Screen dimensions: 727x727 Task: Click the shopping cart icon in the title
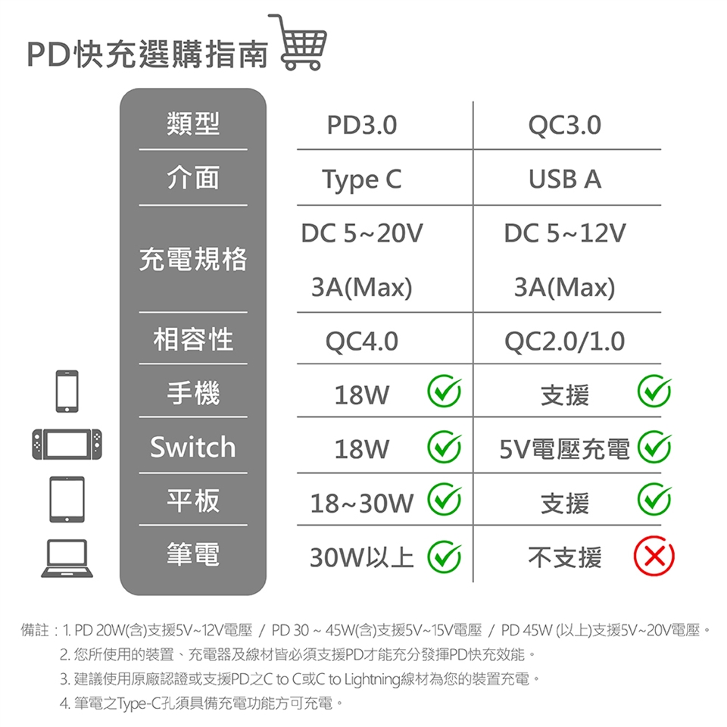[x=298, y=42]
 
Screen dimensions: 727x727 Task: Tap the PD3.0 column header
[x=362, y=125]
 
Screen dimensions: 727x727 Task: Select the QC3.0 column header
[x=565, y=125]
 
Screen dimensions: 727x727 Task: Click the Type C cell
[x=362, y=180]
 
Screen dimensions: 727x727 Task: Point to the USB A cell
[x=565, y=179]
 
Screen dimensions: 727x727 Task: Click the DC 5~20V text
[x=362, y=233]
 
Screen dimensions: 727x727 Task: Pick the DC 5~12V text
[x=565, y=233]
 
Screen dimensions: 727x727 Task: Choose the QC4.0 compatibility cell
[x=362, y=342]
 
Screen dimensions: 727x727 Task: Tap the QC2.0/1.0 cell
[x=565, y=342]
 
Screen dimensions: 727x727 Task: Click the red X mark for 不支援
[x=654, y=556]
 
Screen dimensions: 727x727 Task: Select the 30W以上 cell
[x=362, y=557]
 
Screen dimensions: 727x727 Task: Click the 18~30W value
[x=362, y=503]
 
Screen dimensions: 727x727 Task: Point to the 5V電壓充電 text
[x=565, y=449]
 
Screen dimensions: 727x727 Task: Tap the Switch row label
[x=193, y=447]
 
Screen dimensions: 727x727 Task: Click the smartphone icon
[x=67, y=391]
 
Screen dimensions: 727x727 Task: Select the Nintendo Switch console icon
[x=67, y=445]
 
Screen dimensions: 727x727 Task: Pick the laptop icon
[x=67, y=558]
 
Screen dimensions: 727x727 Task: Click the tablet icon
[x=67, y=499]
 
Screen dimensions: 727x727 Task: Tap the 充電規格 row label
[x=193, y=259]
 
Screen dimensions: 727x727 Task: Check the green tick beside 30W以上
[x=445, y=556]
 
